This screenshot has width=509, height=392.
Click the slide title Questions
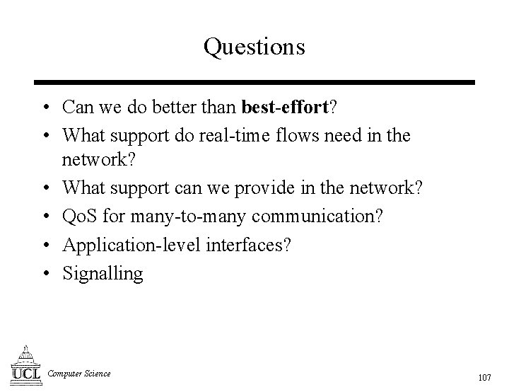click(x=255, y=47)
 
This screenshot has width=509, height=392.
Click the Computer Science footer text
click(x=79, y=374)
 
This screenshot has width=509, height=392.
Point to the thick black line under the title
click(x=255, y=83)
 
